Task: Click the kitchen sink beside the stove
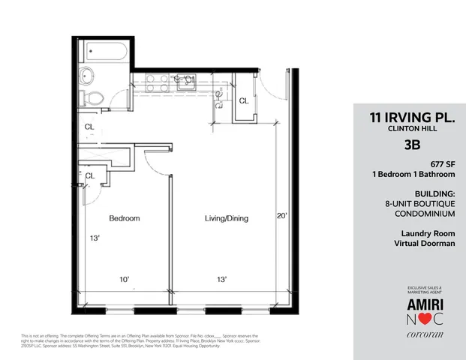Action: coord(182,83)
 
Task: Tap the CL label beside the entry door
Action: coord(244,101)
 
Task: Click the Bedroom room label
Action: coord(125,218)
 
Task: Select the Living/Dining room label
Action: coord(227,218)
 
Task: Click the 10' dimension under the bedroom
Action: coord(125,280)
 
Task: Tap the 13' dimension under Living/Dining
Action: coord(222,280)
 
